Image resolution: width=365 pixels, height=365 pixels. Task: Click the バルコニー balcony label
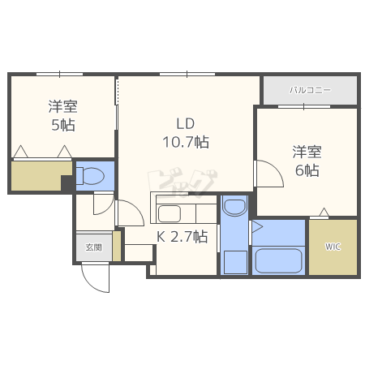coord(311,90)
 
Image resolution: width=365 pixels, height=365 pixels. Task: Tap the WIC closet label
coord(333,247)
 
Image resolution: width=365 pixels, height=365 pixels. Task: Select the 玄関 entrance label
coord(93,247)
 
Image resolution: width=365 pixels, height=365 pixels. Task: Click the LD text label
coord(186,123)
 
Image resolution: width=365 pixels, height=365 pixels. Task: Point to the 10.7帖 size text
coord(186,142)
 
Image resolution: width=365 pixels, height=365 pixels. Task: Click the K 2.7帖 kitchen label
coord(182,237)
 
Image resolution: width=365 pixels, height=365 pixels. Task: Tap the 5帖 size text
coord(63,125)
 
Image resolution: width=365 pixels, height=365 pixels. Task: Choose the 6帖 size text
coord(307,170)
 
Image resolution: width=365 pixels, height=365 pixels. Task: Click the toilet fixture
coord(90,176)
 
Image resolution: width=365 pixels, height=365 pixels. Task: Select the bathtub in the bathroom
coord(278,261)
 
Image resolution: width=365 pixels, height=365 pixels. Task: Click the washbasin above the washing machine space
coord(234,208)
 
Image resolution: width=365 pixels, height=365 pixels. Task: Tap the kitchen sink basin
coord(170,213)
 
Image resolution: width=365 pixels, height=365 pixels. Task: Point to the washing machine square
coord(235,262)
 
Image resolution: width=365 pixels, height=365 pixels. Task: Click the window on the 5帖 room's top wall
coord(60,74)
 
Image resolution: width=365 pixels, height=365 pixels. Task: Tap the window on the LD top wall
coord(187,74)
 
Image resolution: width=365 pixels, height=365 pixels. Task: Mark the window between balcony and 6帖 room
coord(304,106)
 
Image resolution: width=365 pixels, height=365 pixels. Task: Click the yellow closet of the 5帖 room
coord(40,176)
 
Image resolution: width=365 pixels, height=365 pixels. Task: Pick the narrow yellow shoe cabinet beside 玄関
coord(117,246)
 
